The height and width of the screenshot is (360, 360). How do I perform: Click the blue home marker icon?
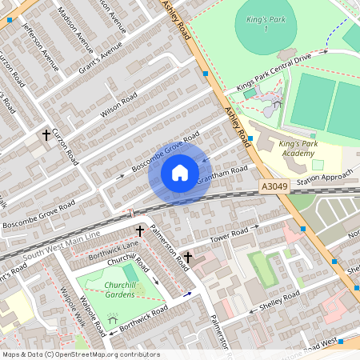pos(180,172)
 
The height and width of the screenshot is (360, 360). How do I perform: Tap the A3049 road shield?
pos(273,186)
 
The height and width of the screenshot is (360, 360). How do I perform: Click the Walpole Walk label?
pos(74,309)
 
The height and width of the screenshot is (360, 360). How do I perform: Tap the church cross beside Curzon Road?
pos(46,135)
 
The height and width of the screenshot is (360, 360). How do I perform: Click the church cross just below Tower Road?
pos(189,258)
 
